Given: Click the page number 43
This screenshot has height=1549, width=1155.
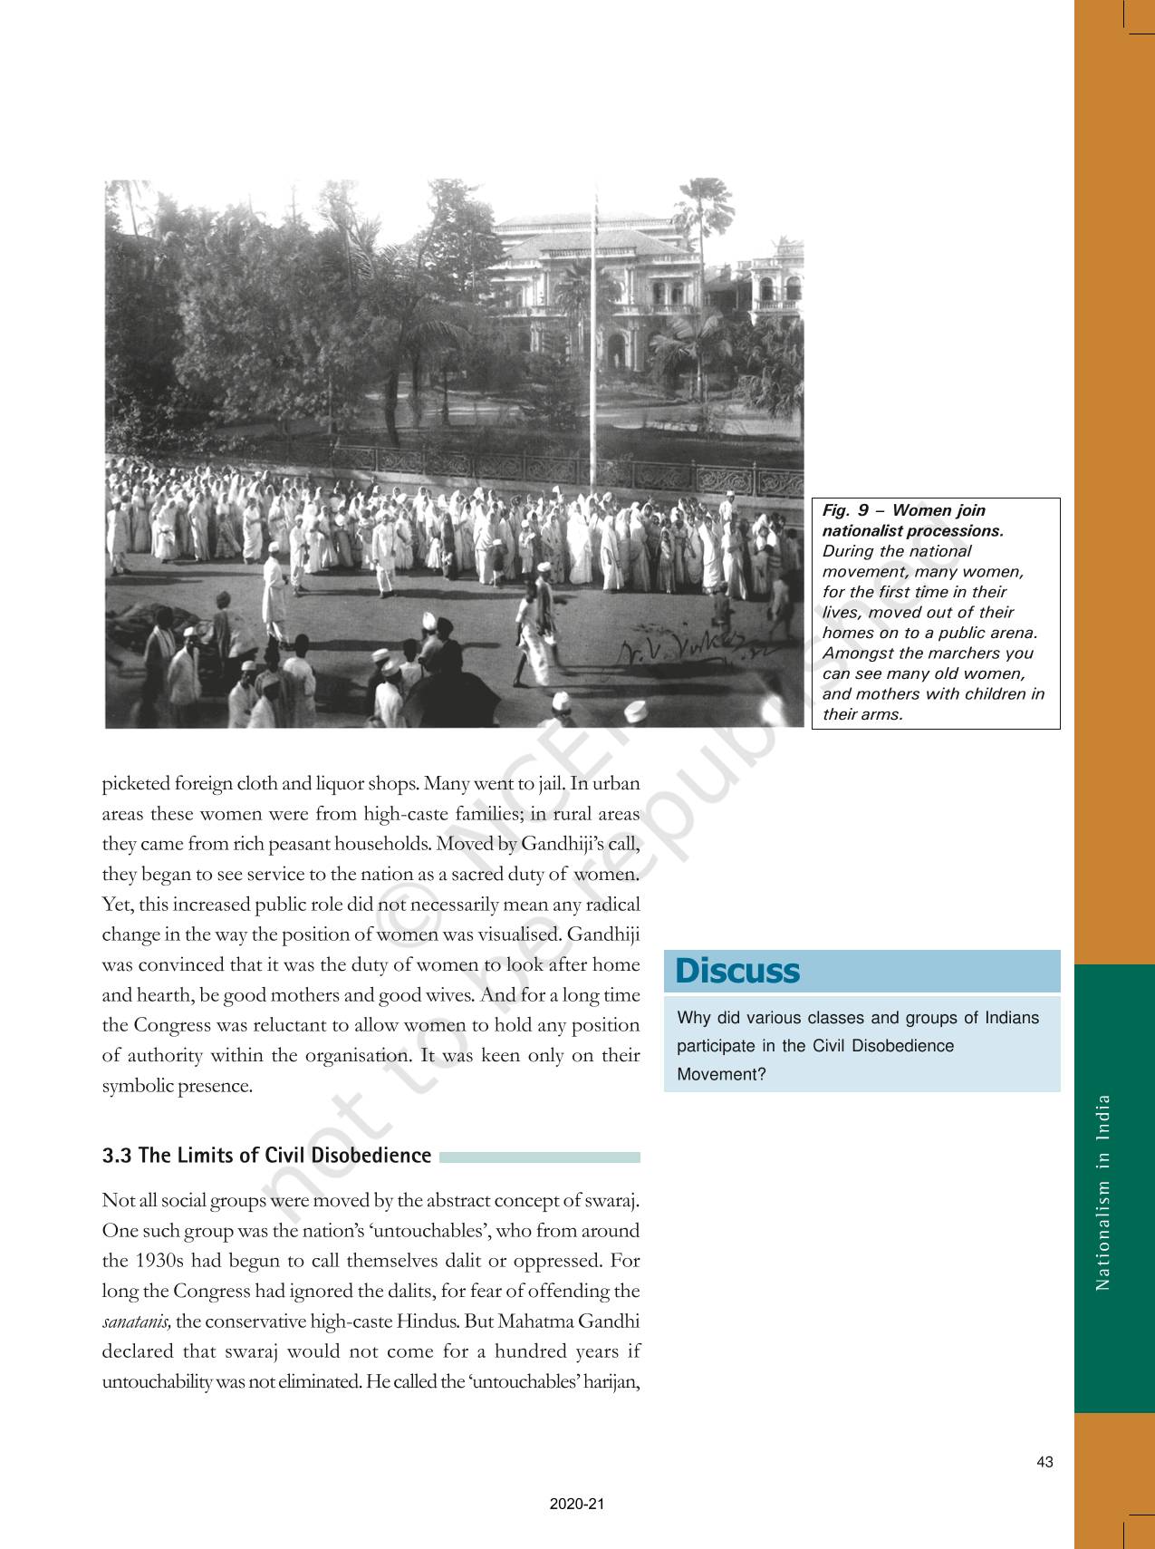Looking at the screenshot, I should tap(1044, 1462).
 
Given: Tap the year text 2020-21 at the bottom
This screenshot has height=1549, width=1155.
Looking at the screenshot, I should tap(576, 1505).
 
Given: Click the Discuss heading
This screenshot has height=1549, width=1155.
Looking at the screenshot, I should tap(737, 971).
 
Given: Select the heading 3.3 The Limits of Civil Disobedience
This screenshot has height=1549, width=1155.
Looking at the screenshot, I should tap(266, 1156).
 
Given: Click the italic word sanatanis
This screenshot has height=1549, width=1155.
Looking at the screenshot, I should tap(137, 1321).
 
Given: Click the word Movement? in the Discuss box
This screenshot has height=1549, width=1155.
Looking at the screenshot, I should tap(721, 1074).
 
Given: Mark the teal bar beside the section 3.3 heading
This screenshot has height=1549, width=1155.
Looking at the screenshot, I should tap(539, 1157).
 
